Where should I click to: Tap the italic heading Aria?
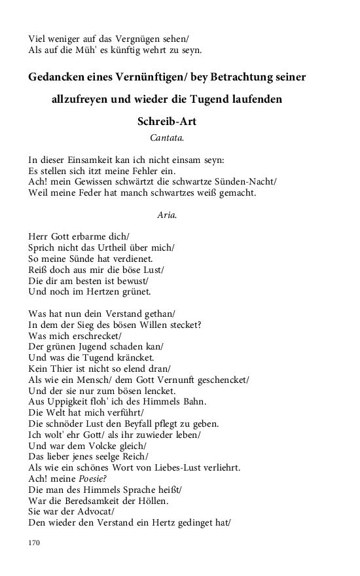pyautogui.click(x=167, y=215)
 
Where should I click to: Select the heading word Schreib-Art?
pyautogui.click(x=167, y=122)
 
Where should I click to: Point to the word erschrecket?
pyautogui.click(x=98, y=336)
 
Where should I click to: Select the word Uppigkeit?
pyautogui.click(x=71, y=401)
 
